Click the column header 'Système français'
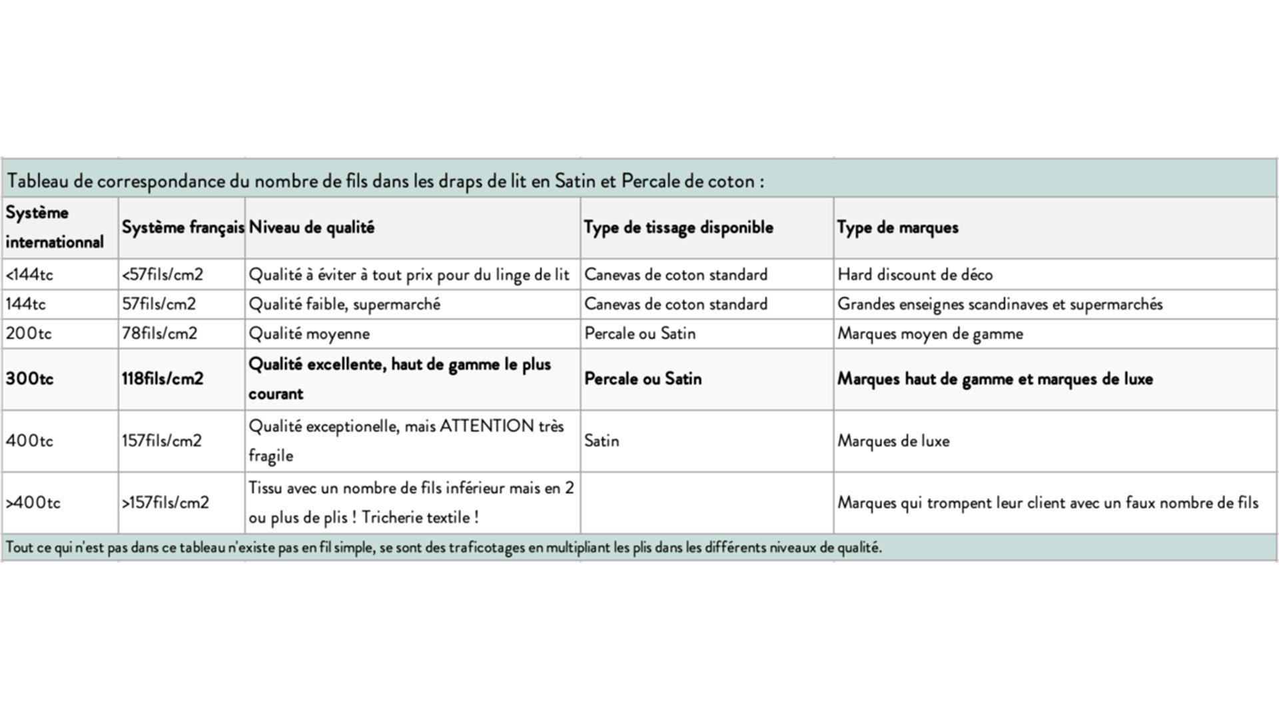click(x=183, y=228)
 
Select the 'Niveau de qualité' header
click(x=312, y=228)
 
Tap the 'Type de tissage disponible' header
click(x=678, y=228)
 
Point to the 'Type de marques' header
click(x=897, y=228)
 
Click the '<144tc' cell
click(x=29, y=274)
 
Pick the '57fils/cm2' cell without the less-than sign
click(x=159, y=304)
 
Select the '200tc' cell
click(x=29, y=334)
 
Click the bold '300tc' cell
click(x=29, y=379)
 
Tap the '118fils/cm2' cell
click(x=162, y=379)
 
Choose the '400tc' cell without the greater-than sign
click(x=29, y=441)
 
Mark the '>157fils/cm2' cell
click(x=165, y=503)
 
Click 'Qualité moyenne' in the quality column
click(x=309, y=334)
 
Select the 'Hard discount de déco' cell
click(x=915, y=274)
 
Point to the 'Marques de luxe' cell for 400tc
click(x=893, y=441)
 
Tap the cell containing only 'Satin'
click(x=602, y=441)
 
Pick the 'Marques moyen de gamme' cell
click(x=930, y=334)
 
